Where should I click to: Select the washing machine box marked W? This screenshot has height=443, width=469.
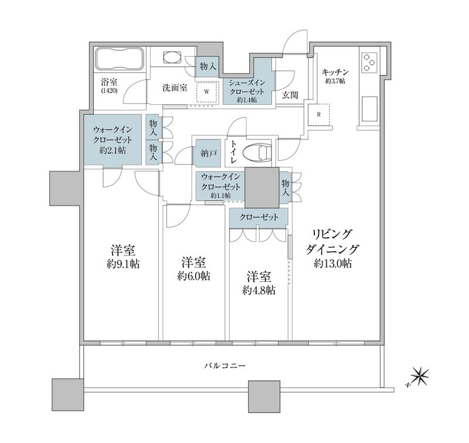pos(206,92)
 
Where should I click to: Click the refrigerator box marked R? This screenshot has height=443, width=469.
pos(319,114)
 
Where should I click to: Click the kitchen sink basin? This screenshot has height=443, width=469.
pos(371,109)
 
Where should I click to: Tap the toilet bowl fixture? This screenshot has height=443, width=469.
pos(256,151)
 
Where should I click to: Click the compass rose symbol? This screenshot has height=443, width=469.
pos(420,374)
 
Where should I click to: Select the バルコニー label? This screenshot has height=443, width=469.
pos(225,366)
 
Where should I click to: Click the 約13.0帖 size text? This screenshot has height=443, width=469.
pos(332,264)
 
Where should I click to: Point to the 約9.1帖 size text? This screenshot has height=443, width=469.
pos(123,264)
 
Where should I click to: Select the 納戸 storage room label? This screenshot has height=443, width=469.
pos(208,153)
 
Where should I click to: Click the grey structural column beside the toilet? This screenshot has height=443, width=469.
pos(261,185)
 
